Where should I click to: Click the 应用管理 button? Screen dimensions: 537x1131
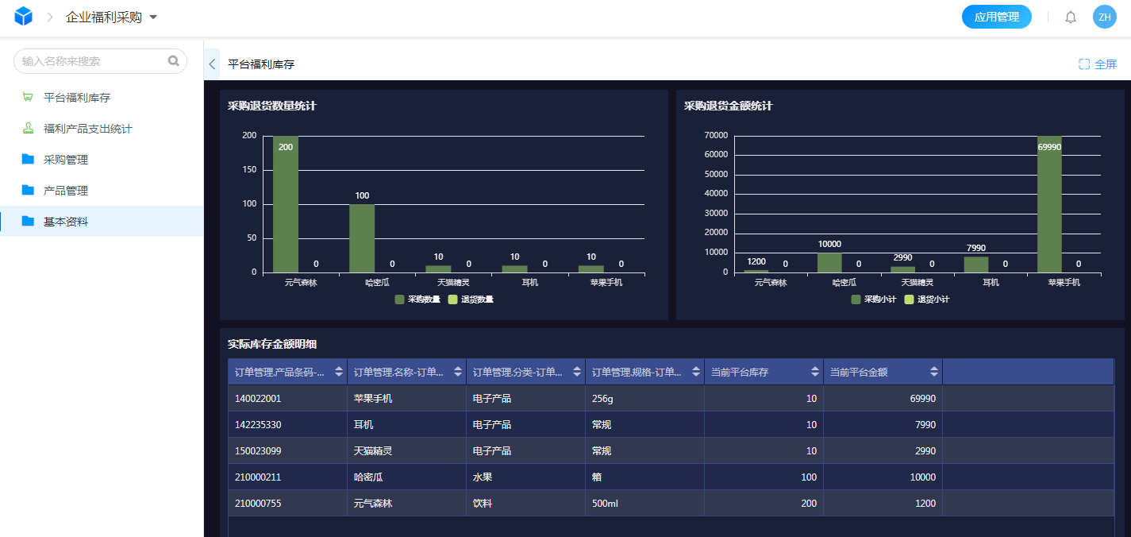click(996, 17)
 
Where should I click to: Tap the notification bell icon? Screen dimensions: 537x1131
click(1071, 17)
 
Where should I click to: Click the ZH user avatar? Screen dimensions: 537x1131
click(1104, 17)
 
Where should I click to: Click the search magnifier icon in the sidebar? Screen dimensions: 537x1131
click(174, 61)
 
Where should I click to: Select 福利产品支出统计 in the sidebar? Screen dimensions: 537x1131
click(87, 129)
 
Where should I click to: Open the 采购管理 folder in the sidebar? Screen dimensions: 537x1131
click(65, 160)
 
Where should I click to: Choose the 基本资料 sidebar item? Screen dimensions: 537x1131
click(65, 222)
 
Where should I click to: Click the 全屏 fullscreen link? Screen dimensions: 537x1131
click(1098, 64)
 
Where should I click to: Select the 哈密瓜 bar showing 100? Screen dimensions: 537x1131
click(362, 238)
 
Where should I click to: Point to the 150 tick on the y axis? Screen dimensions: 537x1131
click(250, 170)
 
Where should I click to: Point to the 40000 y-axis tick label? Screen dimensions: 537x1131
click(717, 194)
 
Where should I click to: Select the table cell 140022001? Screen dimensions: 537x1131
click(258, 399)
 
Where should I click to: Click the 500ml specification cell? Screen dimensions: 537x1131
click(605, 504)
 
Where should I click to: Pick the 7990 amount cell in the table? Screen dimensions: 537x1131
click(925, 425)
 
